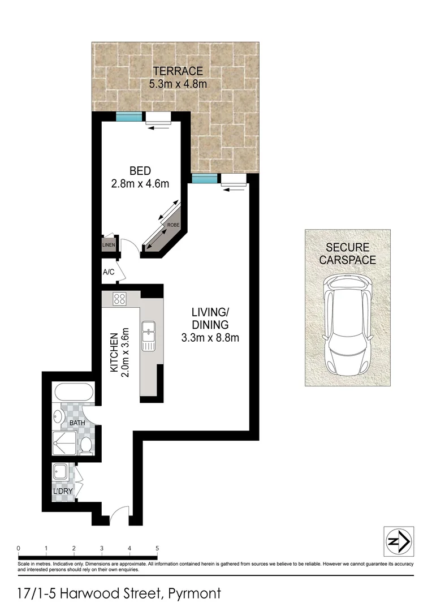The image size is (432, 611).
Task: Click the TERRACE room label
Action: tap(177, 71)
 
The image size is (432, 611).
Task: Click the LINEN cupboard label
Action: tap(109, 244)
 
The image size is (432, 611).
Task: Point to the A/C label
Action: tap(109, 272)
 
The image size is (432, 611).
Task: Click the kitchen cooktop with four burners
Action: tap(119, 299)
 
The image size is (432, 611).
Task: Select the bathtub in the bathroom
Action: tap(74, 393)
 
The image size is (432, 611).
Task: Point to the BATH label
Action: tap(77, 423)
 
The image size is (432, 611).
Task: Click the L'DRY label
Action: tap(63, 491)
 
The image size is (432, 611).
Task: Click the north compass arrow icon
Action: tap(399, 541)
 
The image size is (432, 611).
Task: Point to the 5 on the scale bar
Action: tap(157, 548)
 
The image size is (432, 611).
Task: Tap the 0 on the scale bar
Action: tap(19, 548)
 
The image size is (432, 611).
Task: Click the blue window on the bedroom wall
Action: tap(128, 117)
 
